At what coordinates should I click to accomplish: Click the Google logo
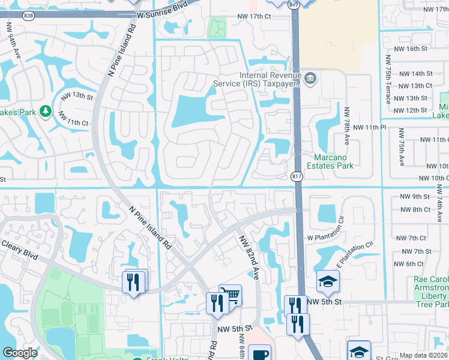[x=20, y=353]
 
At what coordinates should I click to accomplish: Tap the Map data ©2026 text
[x=424, y=355]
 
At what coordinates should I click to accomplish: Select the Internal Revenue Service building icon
[x=310, y=78]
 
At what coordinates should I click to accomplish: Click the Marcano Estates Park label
[x=330, y=161]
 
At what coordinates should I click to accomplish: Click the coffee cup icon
[x=259, y=354]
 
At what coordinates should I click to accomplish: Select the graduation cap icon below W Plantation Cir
[x=328, y=281]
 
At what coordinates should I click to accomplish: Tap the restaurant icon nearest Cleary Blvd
[x=133, y=282]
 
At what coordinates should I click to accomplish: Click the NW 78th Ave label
[x=346, y=126]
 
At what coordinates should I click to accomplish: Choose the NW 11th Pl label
[x=369, y=127]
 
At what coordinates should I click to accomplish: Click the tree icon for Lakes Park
[x=45, y=110]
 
